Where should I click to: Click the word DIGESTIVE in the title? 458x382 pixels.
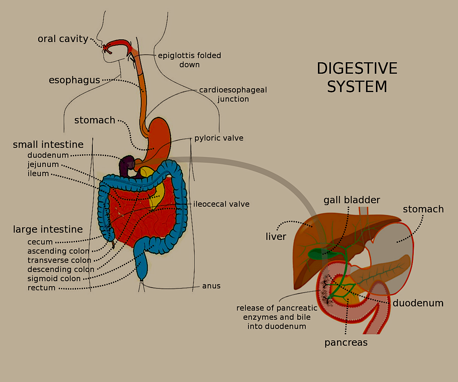(x=357, y=69)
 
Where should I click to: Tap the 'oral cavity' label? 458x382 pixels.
(x=63, y=39)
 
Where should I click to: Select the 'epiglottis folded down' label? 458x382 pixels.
(x=190, y=60)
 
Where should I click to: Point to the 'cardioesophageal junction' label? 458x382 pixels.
(x=233, y=94)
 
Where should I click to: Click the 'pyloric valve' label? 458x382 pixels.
(x=219, y=138)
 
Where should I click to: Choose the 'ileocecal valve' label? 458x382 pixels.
(x=221, y=204)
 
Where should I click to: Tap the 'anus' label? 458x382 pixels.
(x=211, y=286)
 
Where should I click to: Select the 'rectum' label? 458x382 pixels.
(x=42, y=288)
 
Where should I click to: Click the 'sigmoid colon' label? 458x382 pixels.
(x=54, y=278)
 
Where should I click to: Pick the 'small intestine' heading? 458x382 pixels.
(x=48, y=145)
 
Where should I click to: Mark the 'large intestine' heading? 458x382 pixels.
(x=48, y=229)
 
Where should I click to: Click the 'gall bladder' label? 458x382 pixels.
(x=352, y=200)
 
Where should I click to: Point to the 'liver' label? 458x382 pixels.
(x=276, y=237)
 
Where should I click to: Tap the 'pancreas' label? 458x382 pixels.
(x=346, y=343)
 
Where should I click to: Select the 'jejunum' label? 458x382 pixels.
(x=43, y=165)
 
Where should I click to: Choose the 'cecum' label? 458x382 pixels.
(x=40, y=242)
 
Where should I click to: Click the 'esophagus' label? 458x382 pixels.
(x=74, y=80)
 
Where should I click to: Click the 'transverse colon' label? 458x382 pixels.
(x=59, y=260)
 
